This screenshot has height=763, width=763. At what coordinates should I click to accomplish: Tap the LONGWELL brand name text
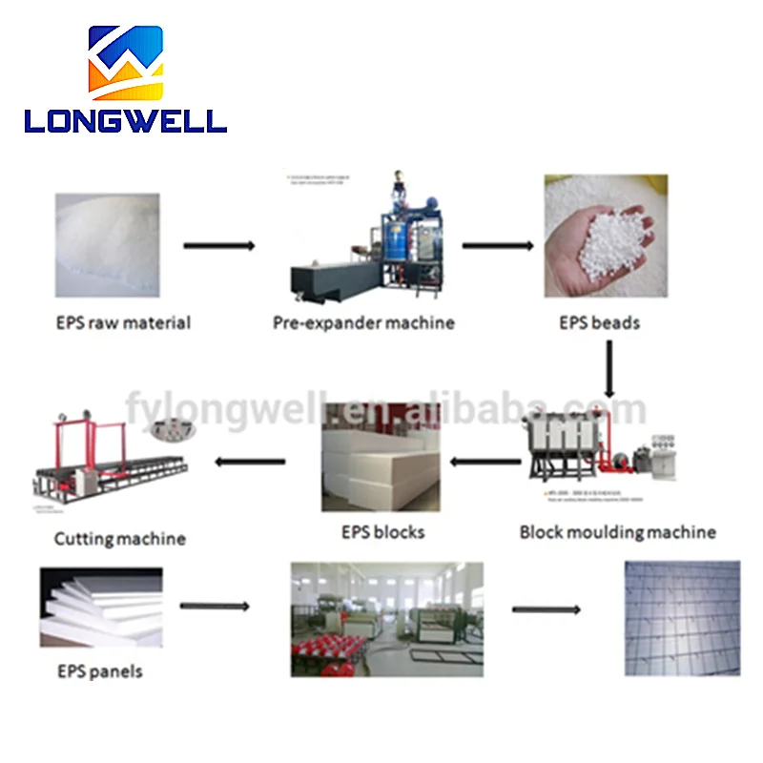pos(125,119)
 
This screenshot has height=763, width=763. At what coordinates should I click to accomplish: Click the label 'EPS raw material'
pos(122,322)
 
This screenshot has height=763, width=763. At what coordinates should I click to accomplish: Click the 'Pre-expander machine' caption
pos(363,322)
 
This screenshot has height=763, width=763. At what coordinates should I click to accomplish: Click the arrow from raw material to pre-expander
pos(219,246)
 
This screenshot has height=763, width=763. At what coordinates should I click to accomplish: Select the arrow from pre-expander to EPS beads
pos(498,246)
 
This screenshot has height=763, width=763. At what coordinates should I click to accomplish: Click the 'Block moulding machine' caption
pos(617,531)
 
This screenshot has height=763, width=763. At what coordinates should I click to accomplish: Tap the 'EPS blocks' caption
pos(382,531)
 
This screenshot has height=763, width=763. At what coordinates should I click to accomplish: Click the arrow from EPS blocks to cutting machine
pos(250,463)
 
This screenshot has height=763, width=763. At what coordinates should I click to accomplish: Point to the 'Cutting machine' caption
pos(119,539)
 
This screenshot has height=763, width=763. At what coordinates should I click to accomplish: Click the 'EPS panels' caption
pos(98,671)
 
